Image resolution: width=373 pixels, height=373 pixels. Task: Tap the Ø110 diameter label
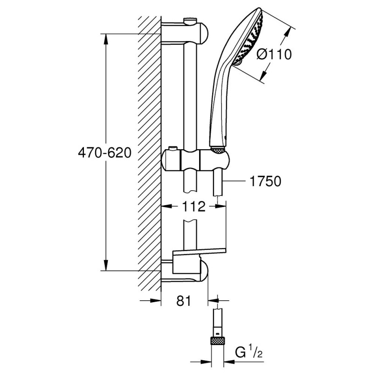point(275,55)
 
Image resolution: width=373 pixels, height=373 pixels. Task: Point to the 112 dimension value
point(193,206)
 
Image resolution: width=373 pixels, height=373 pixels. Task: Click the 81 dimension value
point(185,301)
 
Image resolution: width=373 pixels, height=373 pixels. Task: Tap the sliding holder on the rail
point(196,160)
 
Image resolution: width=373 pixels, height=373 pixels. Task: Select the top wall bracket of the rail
point(186,33)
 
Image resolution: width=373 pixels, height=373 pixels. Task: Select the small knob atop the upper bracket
point(190,21)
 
